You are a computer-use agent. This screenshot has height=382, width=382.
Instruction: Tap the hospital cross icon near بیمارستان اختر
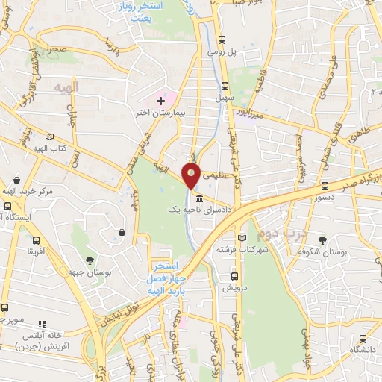point(160,101)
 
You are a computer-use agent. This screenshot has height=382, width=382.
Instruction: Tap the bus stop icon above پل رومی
point(222,41)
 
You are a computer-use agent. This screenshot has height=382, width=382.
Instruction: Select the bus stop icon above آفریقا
point(37,241)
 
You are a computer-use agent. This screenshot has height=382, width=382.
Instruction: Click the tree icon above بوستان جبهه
point(90,260)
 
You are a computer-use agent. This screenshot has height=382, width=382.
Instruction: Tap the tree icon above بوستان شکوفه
point(322,241)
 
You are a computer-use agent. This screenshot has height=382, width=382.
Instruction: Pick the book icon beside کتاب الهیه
point(49,137)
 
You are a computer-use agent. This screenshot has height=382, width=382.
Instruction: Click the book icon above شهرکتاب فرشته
point(245,234)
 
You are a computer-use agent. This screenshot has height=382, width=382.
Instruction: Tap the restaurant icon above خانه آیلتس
point(42,324)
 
